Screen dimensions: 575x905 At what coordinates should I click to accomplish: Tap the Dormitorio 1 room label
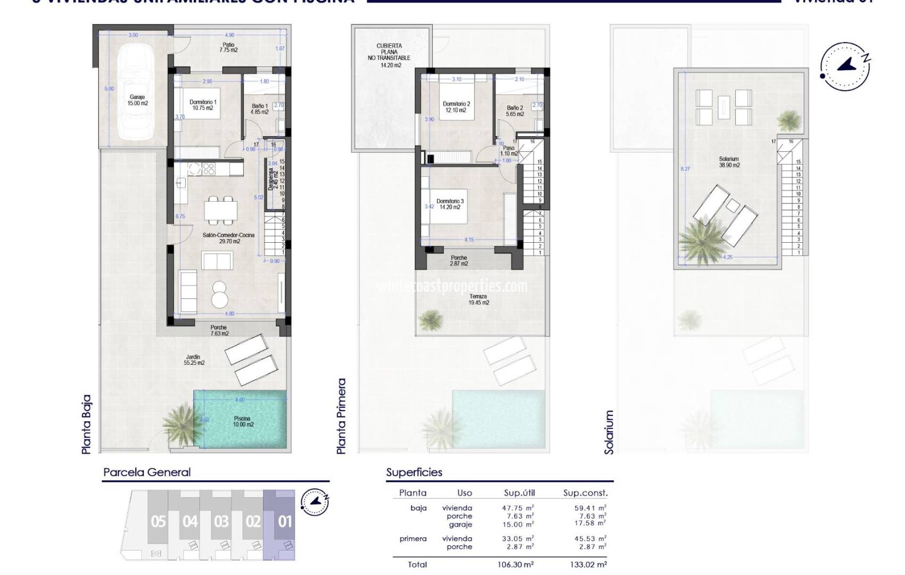pos(203,105)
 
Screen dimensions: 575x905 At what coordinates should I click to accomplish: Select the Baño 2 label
pos(515,111)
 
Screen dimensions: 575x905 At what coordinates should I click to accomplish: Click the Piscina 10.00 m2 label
pos(243,422)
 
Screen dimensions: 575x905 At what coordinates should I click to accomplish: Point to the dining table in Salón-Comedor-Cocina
pos(221,211)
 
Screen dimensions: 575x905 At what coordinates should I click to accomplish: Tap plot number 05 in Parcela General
pos(158,521)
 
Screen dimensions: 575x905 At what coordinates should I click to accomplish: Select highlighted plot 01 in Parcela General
pos(285,521)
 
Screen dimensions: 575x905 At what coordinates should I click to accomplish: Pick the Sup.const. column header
pos(585,493)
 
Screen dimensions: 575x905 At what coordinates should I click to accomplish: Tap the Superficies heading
pos(414,472)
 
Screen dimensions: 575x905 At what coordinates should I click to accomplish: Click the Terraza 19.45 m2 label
pos(479,299)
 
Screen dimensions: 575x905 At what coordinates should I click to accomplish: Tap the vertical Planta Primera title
pos(342,416)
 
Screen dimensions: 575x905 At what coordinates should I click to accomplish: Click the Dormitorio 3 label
pos(450,204)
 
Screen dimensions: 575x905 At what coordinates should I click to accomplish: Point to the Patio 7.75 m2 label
pos(228,47)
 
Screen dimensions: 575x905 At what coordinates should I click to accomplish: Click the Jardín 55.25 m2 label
pos(194,360)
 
